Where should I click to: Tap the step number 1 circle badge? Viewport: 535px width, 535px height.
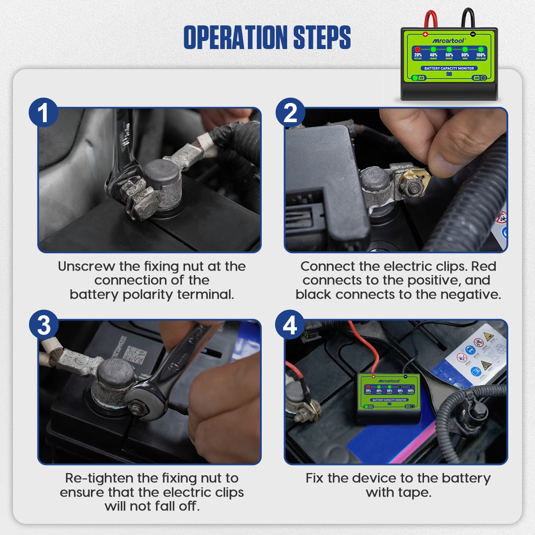coord(43,112)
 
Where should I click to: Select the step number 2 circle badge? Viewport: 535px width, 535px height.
coord(290,112)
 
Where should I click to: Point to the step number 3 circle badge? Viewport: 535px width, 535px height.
coord(43,325)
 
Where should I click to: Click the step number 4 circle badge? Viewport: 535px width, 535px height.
coord(290,325)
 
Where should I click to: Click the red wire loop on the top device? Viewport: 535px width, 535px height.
coord(430,19)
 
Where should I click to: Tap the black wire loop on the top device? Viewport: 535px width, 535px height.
coord(468,18)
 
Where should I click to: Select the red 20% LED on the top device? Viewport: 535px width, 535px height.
coord(418,49)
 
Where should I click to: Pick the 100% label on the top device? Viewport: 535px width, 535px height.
coord(481,55)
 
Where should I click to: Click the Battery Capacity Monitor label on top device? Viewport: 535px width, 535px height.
coord(449,68)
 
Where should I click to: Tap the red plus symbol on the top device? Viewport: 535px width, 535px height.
coord(425,34)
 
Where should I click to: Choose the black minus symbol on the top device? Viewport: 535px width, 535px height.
coord(473,34)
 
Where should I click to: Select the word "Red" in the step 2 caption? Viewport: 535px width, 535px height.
coord(484,266)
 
